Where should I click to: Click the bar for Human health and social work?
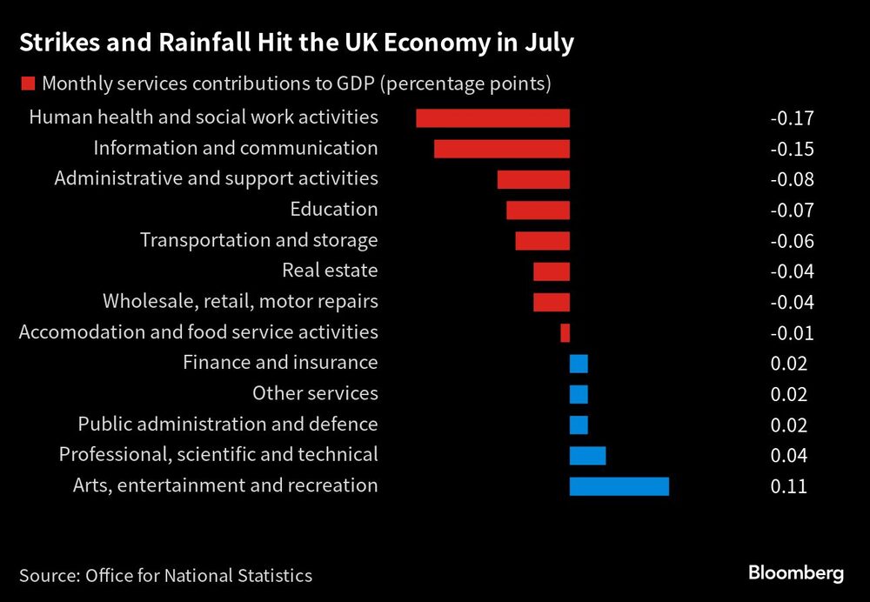point(492,118)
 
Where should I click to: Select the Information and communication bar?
point(501,149)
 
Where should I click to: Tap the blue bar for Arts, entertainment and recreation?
point(619,485)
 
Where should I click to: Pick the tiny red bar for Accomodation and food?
point(565,332)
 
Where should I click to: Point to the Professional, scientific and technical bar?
point(587,455)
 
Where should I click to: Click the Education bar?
point(538,210)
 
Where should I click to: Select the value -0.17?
point(792,118)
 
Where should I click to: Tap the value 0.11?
point(788,486)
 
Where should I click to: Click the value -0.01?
point(792,332)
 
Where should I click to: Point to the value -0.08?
point(792,179)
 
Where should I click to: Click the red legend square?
point(27,84)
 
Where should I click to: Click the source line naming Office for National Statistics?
point(165,575)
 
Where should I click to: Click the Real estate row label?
point(330,271)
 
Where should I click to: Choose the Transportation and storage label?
point(258,240)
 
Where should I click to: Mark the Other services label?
point(315,393)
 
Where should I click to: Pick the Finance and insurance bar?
point(579,364)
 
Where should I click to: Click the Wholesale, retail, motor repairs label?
point(240,302)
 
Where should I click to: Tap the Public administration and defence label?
point(228,425)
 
